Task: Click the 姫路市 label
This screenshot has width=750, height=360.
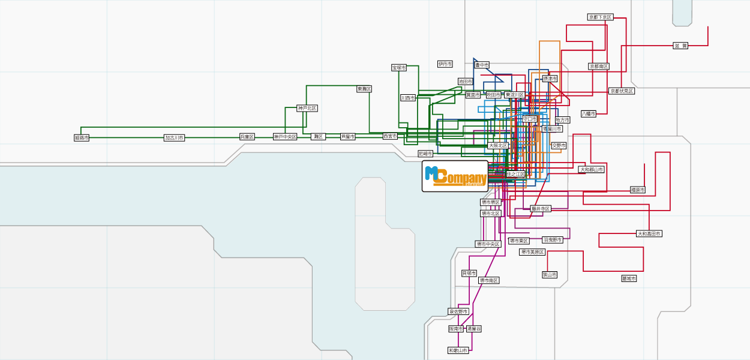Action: pyautogui.click(x=82, y=137)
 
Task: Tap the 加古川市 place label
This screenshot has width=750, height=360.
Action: pyautogui.click(x=175, y=137)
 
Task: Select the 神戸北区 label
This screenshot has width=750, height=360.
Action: pyautogui.click(x=307, y=108)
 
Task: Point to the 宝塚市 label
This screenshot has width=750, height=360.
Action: pyautogui.click(x=399, y=68)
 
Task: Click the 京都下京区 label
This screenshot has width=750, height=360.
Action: pyautogui.click(x=600, y=17)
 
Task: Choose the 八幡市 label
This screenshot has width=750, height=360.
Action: pyautogui.click(x=589, y=113)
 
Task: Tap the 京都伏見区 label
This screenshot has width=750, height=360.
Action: pyautogui.click(x=622, y=91)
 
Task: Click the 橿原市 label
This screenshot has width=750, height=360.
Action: pyautogui.click(x=638, y=190)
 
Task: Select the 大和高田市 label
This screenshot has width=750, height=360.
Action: pyautogui.click(x=649, y=233)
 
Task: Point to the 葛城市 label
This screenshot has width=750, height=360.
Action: pyautogui.click(x=629, y=278)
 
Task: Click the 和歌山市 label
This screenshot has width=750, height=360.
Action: pyautogui.click(x=458, y=350)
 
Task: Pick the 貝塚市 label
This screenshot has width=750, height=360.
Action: pyautogui.click(x=469, y=273)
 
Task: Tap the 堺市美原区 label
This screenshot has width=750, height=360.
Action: pyautogui.click(x=532, y=252)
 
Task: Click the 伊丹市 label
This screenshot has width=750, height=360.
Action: pyautogui.click(x=445, y=64)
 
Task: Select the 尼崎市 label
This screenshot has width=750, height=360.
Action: pyautogui.click(x=425, y=154)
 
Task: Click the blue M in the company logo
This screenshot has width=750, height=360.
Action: pyautogui.click(x=432, y=173)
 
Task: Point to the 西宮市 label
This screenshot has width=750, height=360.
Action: pyautogui.click(x=390, y=136)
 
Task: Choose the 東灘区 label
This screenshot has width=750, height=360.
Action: pyautogui.click(x=364, y=89)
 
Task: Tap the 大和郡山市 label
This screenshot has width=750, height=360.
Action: pyautogui.click(x=592, y=169)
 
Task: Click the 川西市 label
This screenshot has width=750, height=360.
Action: pyautogui.click(x=408, y=98)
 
